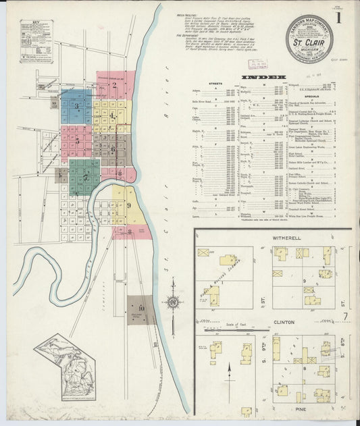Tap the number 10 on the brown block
point(142,309)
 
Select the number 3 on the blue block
point(76,106)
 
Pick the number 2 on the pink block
point(114,85)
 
